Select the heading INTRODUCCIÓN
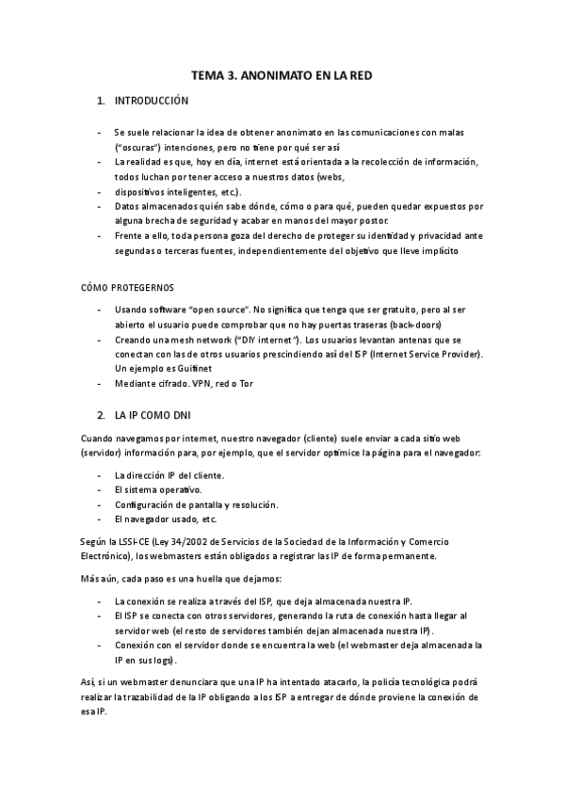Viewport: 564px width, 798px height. [x=152, y=101]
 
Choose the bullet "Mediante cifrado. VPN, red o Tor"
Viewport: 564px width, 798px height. [x=184, y=383]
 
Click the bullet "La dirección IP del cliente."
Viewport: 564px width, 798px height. [x=169, y=475]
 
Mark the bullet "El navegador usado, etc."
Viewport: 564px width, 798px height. [x=165, y=519]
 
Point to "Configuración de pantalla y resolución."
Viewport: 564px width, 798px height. [x=195, y=504]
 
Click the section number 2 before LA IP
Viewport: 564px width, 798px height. [x=101, y=414]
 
